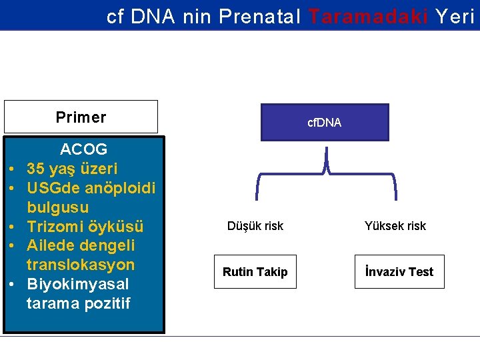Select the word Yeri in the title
coord(455,16)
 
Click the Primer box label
coord(81,117)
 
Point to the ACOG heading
coord(83,148)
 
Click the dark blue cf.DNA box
coord(324,123)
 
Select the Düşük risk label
coord(255,226)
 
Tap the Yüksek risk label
coord(395,226)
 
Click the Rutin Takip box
coord(255,272)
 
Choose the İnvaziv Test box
coord(399,272)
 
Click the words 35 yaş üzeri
coord(72,168)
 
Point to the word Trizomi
coord(55,227)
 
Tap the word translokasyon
coord(81,265)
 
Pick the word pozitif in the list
coord(107,303)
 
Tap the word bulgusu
coord(58,207)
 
